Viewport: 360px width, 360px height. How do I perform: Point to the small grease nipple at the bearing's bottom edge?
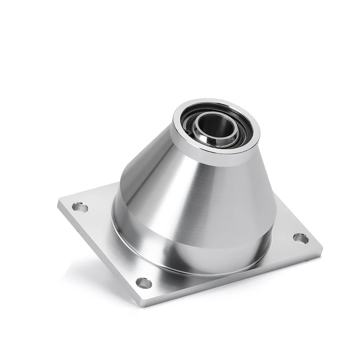point(212,146)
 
